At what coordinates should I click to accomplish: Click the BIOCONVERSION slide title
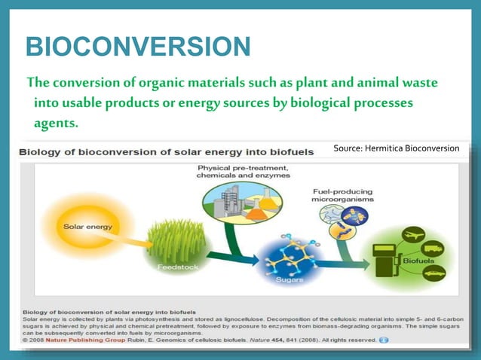138,47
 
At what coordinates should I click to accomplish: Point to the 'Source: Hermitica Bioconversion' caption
396,148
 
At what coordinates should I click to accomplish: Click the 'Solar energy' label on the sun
71,226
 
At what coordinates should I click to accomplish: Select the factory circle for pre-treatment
242,201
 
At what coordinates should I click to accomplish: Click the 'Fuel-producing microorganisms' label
338,197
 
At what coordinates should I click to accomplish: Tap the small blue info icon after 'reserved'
384,340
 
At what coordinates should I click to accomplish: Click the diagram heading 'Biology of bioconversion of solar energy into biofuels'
167,151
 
